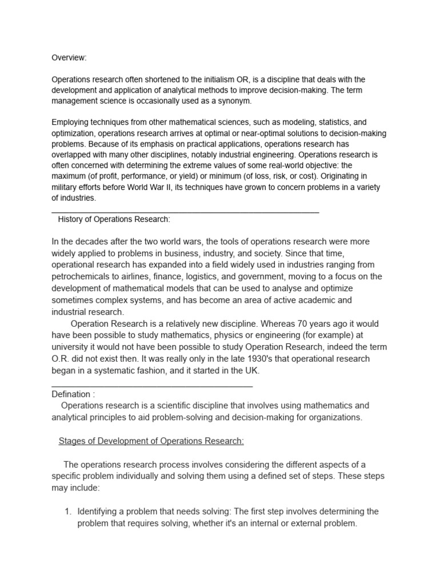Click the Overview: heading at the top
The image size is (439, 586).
[70, 58]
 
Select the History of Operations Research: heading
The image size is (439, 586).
[114, 219]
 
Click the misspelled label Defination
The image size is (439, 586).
[70, 394]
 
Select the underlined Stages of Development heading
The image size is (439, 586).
[151, 441]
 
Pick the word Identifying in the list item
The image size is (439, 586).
[99, 511]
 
